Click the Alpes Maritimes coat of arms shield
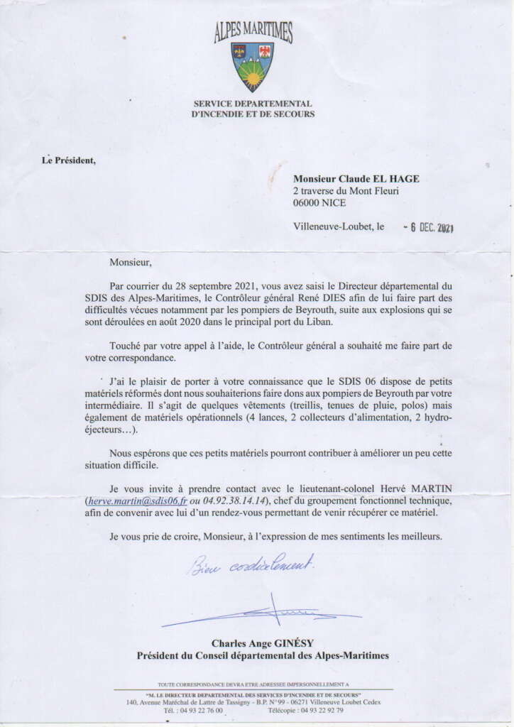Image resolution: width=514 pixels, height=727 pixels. [x=252, y=66]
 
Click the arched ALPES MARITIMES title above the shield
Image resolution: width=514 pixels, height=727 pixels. [x=253, y=32]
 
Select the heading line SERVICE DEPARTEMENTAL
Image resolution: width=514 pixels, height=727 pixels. [x=253, y=104]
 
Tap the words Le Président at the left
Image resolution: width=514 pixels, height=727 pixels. [x=69, y=160]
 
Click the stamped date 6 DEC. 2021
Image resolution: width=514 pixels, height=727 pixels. [x=428, y=227]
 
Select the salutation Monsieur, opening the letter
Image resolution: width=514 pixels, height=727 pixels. [x=131, y=263]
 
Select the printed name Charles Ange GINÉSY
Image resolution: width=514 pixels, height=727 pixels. [x=262, y=643]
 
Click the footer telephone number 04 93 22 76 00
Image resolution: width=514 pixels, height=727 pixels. [x=202, y=709]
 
